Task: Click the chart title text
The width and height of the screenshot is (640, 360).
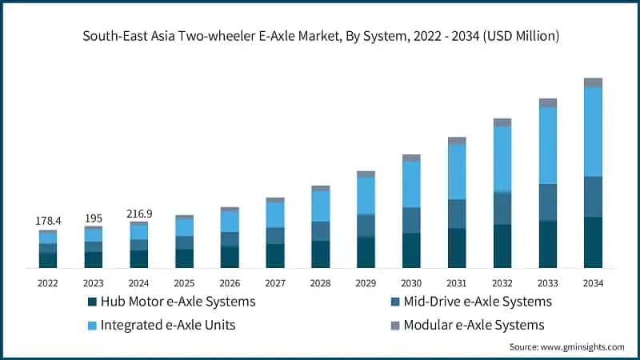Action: (x=320, y=35)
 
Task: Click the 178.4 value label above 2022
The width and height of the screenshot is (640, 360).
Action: (x=48, y=220)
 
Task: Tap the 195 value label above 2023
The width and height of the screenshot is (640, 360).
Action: (x=94, y=218)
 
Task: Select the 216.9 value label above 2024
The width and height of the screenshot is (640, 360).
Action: (x=139, y=214)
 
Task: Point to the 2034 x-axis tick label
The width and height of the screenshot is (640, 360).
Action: (x=593, y=282)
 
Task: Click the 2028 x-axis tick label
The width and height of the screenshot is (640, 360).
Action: (x=320, y=282)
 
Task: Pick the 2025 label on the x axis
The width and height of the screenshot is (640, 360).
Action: (x=184, y=282)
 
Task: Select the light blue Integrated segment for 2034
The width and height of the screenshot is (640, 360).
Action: (x=593, y=131)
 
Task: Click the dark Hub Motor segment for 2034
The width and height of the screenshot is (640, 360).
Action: (x=593, y=242)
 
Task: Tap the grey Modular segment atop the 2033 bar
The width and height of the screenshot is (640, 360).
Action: (x=547, y=102)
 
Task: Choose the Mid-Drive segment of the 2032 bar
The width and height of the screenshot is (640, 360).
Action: (x=502, y=208)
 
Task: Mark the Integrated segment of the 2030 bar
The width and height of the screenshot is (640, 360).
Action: (x=411, y=184)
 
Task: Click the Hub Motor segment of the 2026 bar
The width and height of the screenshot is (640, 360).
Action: (x=230, y=256)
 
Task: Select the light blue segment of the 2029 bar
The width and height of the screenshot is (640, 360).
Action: (x=366, y=195)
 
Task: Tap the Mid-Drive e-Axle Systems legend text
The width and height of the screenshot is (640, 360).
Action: (x=478, y=302)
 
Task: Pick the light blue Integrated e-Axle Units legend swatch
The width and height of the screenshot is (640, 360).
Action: (x=92, y=325)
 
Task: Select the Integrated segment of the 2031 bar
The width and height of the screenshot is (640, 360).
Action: (x=457, y=171)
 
